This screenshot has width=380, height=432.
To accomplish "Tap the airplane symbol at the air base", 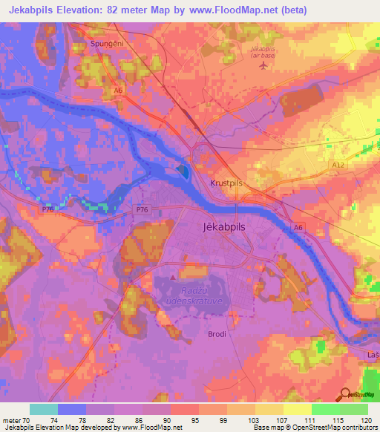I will (262, 65).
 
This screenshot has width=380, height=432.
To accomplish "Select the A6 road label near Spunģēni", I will (118, 90).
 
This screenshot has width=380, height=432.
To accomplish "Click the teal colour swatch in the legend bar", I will (43, 408).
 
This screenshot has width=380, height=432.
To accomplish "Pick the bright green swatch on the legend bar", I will (325, 408).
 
